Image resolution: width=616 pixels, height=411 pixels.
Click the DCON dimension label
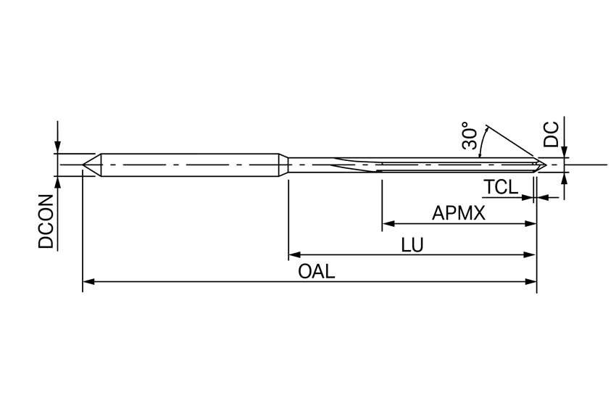pos(47,223)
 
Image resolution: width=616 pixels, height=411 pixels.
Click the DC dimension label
pos(552,135)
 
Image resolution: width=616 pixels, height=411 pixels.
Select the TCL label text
pos(501,187)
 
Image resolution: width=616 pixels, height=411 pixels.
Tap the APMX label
pos(458,214)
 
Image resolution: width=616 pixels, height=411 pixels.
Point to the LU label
pos(412,246)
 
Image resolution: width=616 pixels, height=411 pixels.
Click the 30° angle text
pos(470,138)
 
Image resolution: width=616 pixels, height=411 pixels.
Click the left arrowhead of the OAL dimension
pos(88,281)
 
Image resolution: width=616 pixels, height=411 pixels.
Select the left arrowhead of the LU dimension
pos(294,254)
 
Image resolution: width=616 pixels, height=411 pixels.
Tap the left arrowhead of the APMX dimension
pos(386,224)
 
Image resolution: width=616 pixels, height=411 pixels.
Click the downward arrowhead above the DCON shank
pos(57,148)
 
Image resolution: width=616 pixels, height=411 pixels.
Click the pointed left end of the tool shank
pos(85,165)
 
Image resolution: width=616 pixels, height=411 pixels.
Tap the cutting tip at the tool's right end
pos(543,165)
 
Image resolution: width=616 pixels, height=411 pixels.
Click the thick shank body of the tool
pos(188,165)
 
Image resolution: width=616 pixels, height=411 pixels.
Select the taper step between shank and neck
pos(284,165)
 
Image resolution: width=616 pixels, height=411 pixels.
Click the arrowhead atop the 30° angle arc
pos(486,130)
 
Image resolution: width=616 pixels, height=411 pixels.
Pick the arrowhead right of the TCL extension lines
pos(543,196)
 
